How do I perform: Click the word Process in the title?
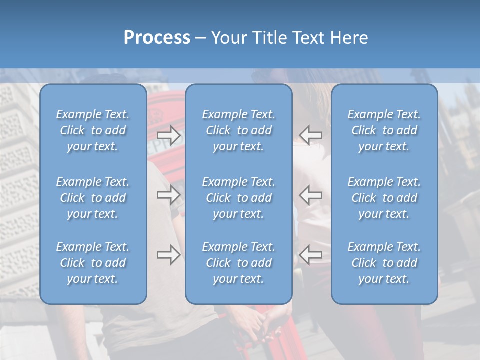pyautogui.click(x=157, y=38)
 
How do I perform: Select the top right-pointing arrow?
pyautogui.click(x=169, y=135)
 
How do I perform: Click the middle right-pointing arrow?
pyautogui.click(x=169, y=195)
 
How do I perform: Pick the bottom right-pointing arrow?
pyautogui.click(x=169, y=255)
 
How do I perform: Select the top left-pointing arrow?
pyautogui.click(x=311, y=135)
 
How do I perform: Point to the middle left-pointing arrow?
pyautogui.click(x=311, y=195)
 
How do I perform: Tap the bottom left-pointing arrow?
pyautogui.click(x=311, y=255)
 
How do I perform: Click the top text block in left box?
pyautogui.click(x=93, y=130)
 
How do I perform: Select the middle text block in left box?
pyautogui.click(x=93, y=198)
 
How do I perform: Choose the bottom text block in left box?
pyautogui.click(x=93, y=263)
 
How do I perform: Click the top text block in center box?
pyautogui.click(x=239, y=130)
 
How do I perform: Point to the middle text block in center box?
pyautogui.click(x=239, y=198)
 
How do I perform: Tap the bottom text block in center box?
pyautogui.click(x=239, y=263)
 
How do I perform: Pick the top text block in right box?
pyautogui.click(x=384, y=130)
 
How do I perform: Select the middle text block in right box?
pyautogui.click(x=384, y=198)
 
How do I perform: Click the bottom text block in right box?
pyautogui.click(x=384, y=263)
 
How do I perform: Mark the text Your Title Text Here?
pyautogui.click(x=289, y=38)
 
